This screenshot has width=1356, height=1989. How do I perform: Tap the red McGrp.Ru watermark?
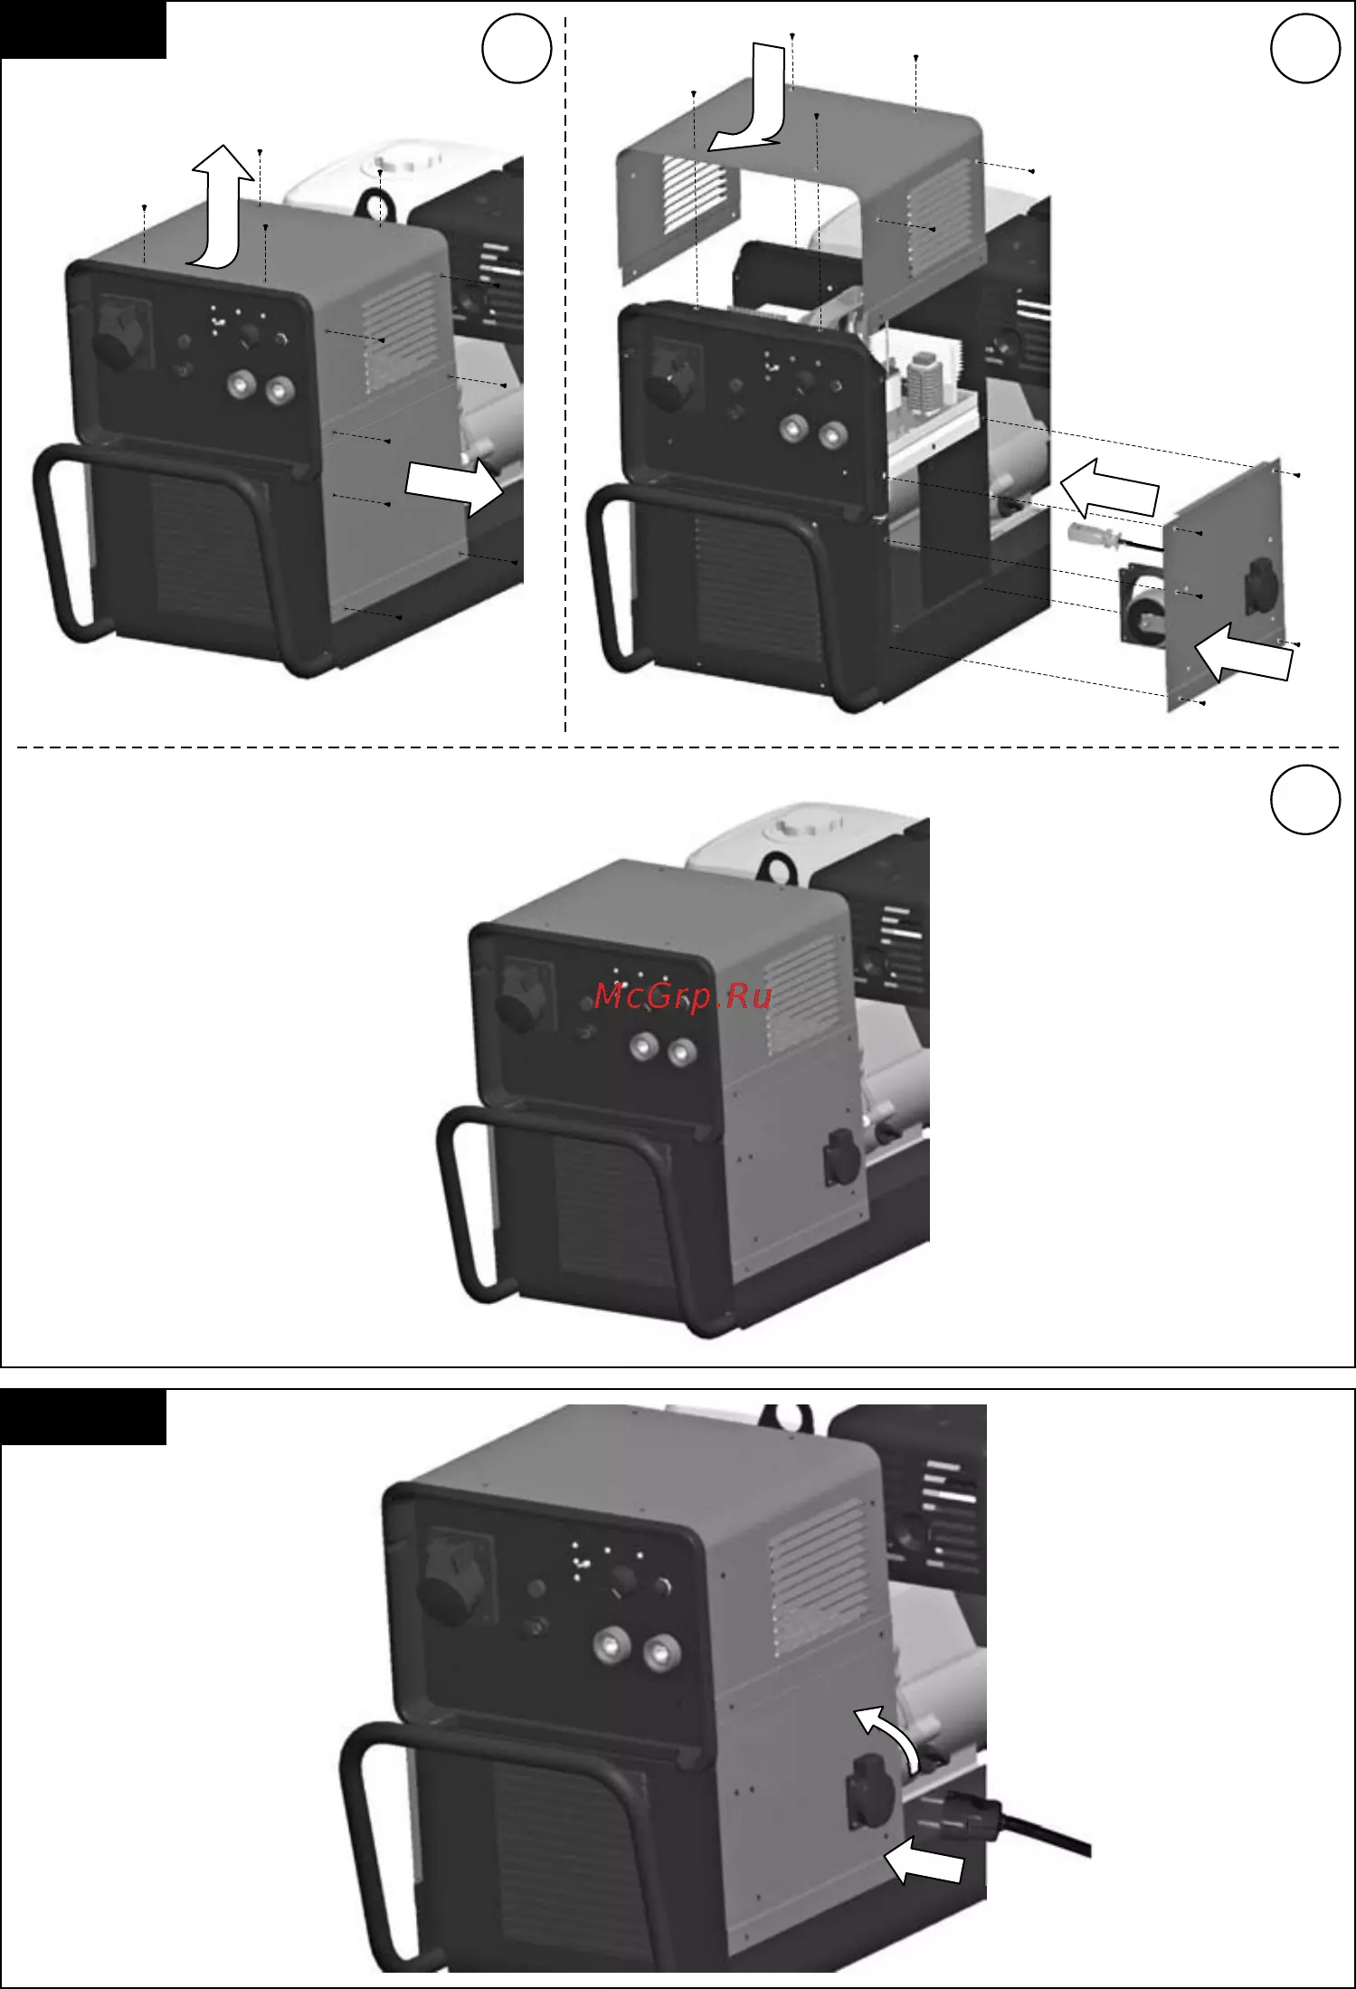point(683,996)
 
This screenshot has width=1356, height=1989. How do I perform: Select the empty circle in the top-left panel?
point(517,49)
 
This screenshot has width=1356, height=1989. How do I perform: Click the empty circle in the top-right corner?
point(1305,48)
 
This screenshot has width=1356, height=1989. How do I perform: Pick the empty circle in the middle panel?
point(1305,799)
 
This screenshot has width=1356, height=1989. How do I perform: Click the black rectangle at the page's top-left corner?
point(83,30)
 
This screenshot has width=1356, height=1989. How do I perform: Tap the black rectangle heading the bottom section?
point(83,1418)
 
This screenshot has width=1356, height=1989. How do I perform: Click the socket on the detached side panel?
point(1260,584)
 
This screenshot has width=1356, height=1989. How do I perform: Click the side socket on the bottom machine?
point(870,1794)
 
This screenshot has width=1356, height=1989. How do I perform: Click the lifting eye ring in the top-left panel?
point(381,203)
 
